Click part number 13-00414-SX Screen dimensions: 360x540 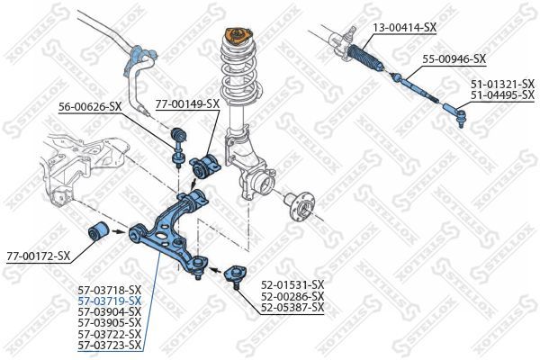point(405,28)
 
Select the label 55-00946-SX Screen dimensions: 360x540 point(454,59)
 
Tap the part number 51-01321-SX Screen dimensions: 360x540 point(502,84)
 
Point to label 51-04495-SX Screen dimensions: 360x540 point(502,94)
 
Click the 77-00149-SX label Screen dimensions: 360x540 point(187,104)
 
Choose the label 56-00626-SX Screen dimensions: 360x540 point(90,107)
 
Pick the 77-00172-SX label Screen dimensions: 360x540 point(38,256)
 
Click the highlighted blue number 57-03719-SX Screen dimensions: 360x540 point(110,300)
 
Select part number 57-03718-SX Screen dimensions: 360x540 point(110,289)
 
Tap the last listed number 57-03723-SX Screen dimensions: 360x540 point(110,345)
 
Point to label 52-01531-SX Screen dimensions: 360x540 point(292,285)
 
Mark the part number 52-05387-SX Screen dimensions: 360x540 point(292,308)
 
